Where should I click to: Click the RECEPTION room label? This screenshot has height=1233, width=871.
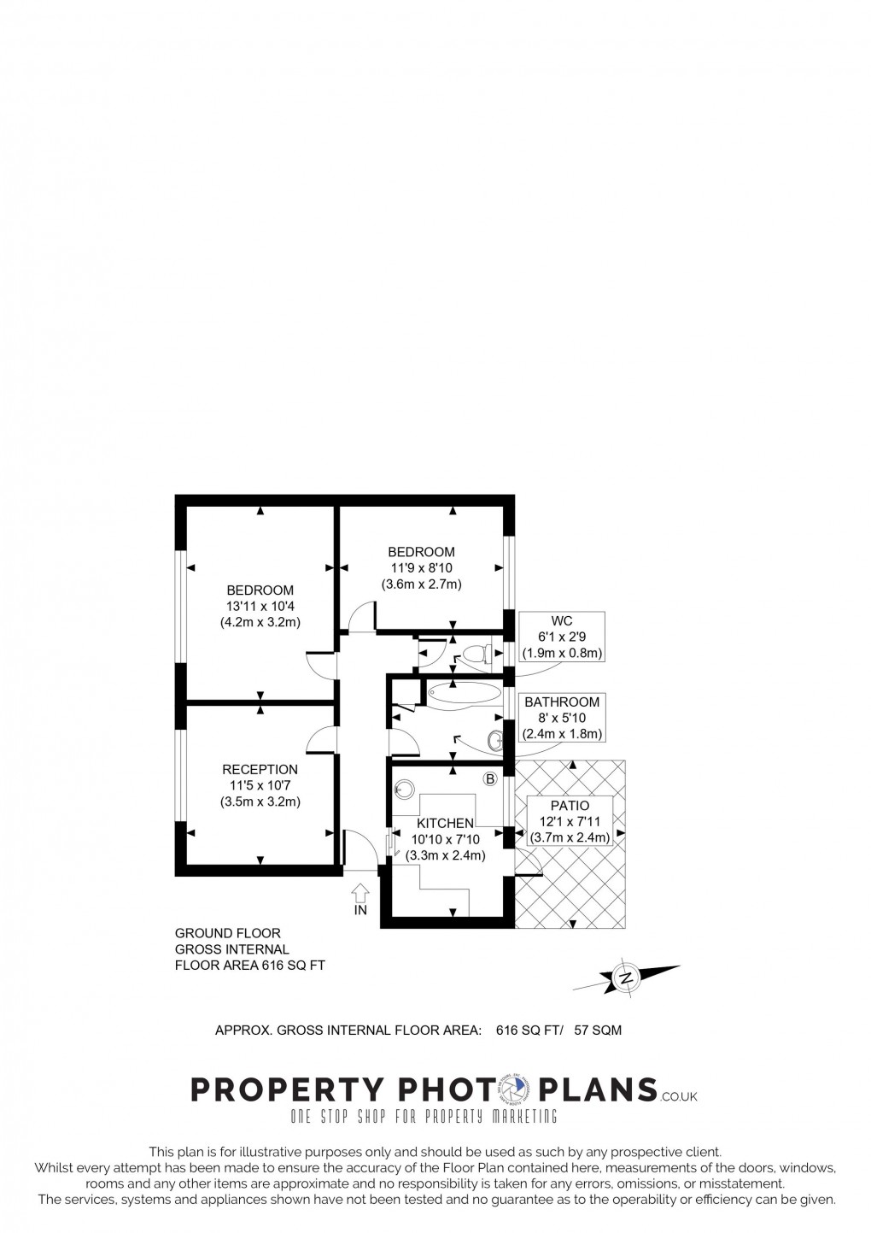260,770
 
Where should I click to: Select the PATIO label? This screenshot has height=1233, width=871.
570,805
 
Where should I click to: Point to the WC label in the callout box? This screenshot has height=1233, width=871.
561,622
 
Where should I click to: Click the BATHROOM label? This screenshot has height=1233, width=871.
562,702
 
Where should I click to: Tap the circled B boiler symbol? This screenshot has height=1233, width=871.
490,778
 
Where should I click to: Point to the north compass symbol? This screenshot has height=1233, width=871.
627,977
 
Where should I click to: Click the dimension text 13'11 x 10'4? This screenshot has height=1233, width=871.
260,606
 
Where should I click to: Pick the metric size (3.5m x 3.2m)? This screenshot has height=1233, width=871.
260,801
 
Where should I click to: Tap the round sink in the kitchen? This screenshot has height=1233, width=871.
404,790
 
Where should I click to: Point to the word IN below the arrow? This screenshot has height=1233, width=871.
360,910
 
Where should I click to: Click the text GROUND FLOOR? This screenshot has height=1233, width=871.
227,933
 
